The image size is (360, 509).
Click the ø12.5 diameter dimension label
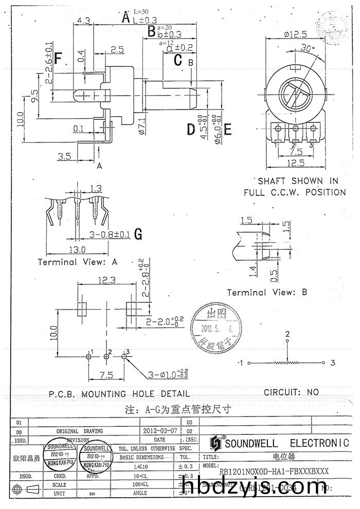(x=295, y=34)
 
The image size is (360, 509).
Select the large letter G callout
(x=138, y=234)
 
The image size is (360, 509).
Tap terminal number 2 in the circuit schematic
(x=287, y=334)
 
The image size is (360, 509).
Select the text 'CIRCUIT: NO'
(x=291, y=392)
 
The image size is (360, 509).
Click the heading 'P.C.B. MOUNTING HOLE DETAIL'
(x=119, y=394)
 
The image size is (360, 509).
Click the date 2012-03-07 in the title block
(x=159, y=431)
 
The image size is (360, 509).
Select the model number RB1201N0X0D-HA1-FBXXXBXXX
(x=274, y=471)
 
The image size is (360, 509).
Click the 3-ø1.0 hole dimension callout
(x=166, y=374)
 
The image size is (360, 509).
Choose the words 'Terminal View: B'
(x=267, y=292)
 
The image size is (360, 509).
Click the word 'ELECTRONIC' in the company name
(x=319, y=443)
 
